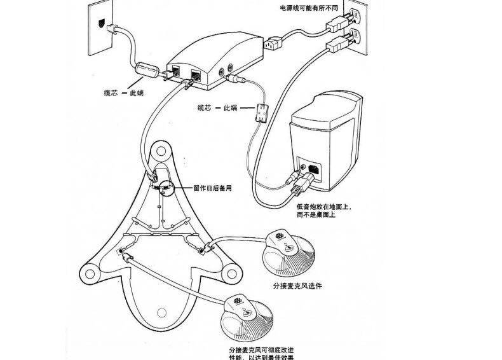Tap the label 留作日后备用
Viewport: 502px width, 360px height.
[212, 188]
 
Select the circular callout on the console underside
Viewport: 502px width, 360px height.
[165, 188]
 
